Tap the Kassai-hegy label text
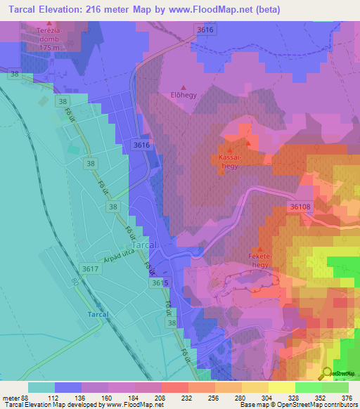pos(231,161)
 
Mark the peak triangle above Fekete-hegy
pos(261,249)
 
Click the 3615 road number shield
pos(160,283)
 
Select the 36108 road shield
pos(299,207)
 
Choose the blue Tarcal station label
pos(97,313)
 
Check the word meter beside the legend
pos(12,396)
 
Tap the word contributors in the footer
pos(335,405)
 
